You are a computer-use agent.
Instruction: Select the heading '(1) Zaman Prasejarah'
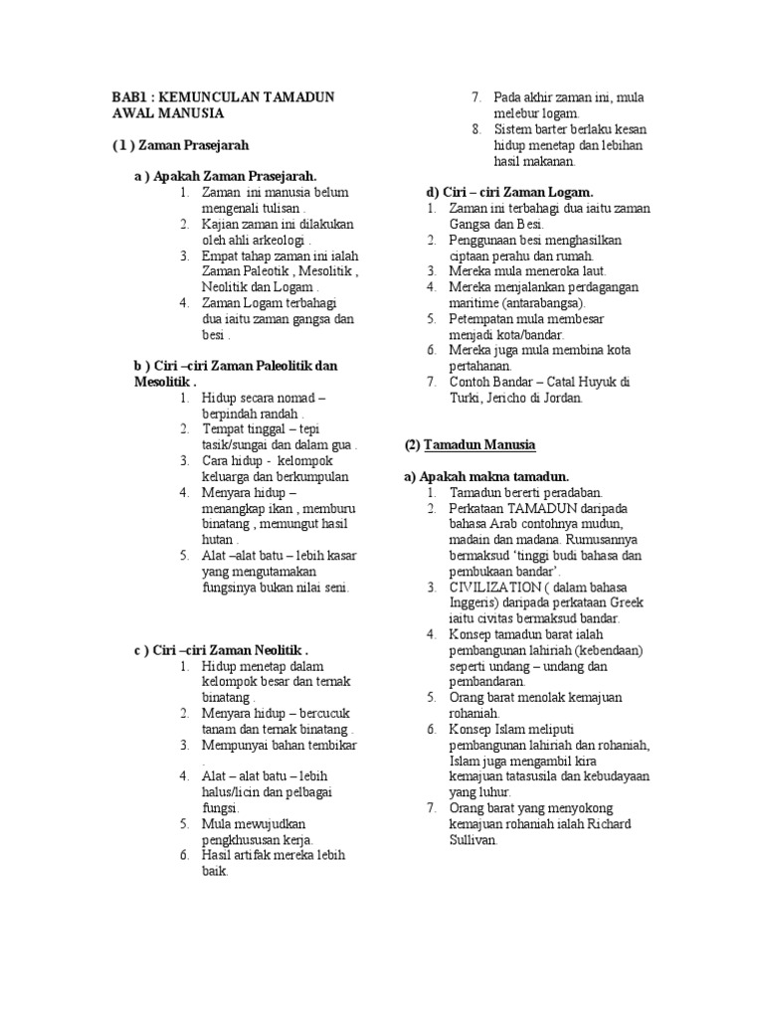point(179,145)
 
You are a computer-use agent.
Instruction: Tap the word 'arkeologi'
point(282,240)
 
